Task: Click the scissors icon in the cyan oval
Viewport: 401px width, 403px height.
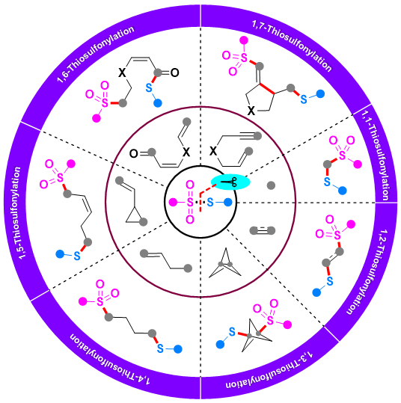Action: [x=229, y=182]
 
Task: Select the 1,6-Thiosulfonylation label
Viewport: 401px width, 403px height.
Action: [x=96, y=54]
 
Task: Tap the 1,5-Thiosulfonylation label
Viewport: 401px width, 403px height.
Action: [x=17, y=213]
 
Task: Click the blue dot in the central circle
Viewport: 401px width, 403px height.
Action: [x=228, y=203]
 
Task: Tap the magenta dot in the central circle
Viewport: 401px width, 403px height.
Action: [x=173, y=203]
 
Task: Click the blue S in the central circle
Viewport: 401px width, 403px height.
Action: [x=210, y=203]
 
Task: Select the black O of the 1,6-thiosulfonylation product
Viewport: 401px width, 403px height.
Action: [x=174, y=73]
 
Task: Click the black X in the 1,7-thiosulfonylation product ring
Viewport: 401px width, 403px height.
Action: [x=251, y=111]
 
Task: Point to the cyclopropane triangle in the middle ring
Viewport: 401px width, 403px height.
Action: [x=134, y=215]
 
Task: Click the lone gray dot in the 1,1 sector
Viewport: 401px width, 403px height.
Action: [x=271, y=185]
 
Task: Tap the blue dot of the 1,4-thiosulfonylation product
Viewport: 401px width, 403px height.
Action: [x=178, y=349]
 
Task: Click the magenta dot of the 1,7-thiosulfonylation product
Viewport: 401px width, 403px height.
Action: [x=244, y=40]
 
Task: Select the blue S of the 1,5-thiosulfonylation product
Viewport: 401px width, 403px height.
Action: [x=77, y=256]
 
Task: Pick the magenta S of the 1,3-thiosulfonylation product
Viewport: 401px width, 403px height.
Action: [x=270, y=320]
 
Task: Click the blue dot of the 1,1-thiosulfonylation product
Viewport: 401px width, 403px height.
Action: [x=342, y=191]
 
